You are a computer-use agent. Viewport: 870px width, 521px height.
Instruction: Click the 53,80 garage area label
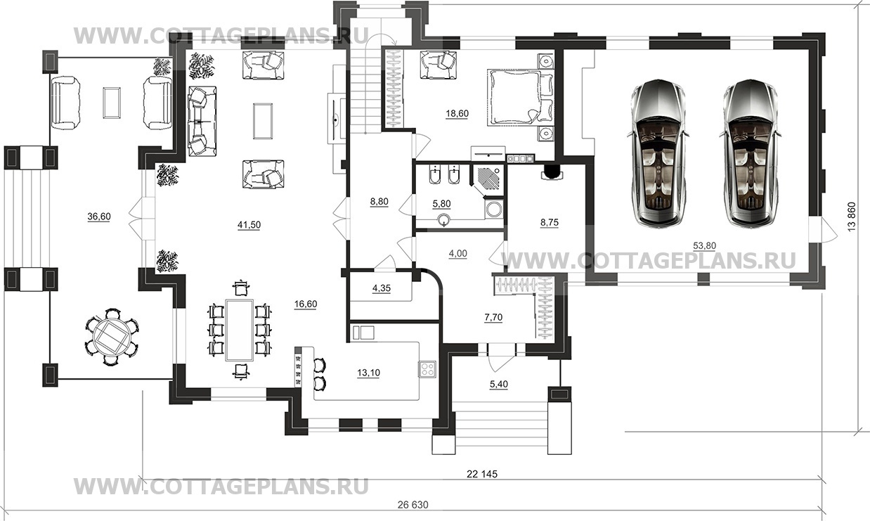pos(705,245)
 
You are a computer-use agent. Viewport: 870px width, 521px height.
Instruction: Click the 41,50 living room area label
pos(249,224)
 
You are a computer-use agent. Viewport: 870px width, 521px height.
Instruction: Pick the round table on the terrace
pos(112,337)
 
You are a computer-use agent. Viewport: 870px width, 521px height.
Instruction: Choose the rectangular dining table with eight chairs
pos(240,330)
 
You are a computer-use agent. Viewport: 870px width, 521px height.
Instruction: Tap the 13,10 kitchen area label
pos(368,373)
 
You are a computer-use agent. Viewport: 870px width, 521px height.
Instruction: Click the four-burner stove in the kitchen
pos(427,369)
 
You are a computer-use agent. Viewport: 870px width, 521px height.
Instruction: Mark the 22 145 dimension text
pos(481,474)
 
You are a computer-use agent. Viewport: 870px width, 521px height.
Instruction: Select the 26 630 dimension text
pos(413,505)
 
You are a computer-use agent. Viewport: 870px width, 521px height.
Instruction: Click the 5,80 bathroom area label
pos(441,204)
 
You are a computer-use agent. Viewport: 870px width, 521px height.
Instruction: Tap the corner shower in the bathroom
pos(487,180)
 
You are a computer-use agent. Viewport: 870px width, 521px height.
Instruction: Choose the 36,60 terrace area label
pos(98,217)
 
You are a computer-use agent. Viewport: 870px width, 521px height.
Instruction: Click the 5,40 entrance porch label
pos(499,384)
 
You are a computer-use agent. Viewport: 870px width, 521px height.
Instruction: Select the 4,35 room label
pos(382,288)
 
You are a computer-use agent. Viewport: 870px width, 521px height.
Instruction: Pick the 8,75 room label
pos(549,222)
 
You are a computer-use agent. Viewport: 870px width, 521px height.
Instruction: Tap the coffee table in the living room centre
pos(263,120)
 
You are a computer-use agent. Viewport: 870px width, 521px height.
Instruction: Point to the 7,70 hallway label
pos(493,317)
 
